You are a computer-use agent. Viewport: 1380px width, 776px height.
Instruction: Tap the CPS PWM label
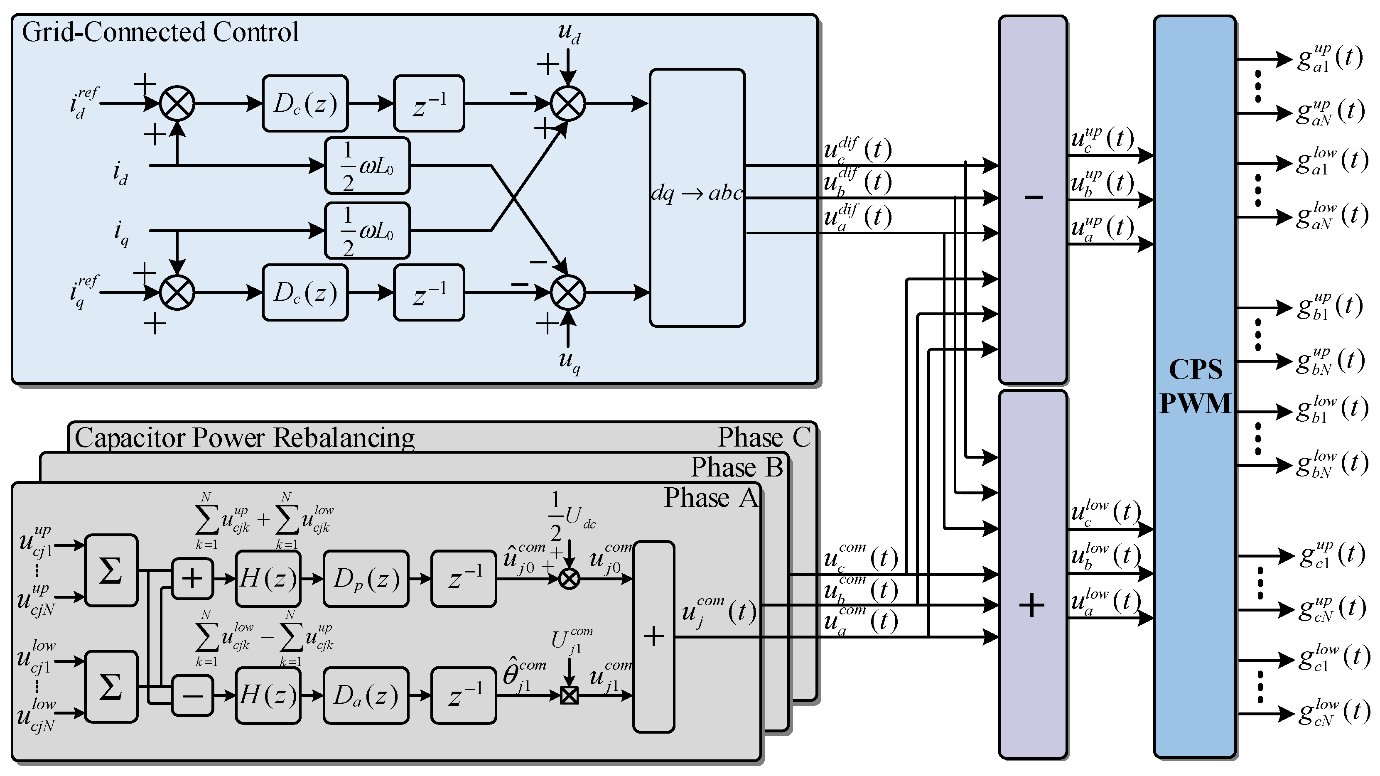coord(1195,386)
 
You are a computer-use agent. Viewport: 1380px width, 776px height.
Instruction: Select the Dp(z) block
coord(366,578)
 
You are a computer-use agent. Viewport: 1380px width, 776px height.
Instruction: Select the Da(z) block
coord(366,695)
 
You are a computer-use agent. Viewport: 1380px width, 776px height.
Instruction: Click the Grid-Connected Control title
coord(160,32)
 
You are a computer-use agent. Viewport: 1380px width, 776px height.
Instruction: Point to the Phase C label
coord(764,437)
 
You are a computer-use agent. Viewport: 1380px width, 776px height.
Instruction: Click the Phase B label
coord(737,467)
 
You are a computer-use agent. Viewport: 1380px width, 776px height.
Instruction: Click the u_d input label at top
coord(569,33)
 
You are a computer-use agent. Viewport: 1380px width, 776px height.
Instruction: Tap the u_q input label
coord(569,361)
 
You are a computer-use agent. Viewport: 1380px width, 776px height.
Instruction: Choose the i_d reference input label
coord(83,103)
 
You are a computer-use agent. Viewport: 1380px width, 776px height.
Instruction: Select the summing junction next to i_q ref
coord(177,292)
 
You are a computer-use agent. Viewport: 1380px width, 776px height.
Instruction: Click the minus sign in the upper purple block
coord(1033,198)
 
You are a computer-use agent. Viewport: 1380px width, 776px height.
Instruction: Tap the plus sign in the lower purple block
coord(1032,606)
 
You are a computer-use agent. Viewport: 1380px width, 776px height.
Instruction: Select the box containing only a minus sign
coord(192,695)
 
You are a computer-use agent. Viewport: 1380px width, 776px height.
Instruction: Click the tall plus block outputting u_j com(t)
coord(653,637)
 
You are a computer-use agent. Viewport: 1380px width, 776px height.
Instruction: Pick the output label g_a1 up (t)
coord(1330,58)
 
